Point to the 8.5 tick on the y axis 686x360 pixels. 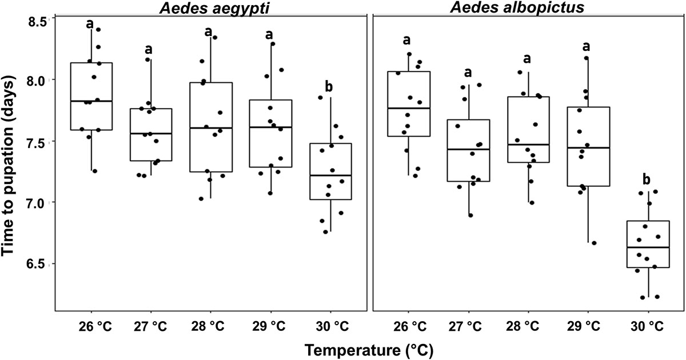coord(39,19)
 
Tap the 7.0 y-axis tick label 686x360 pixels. coord(39,203)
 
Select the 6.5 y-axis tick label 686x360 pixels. coord(39,264)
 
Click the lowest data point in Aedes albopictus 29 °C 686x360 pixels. coord(594,243)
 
